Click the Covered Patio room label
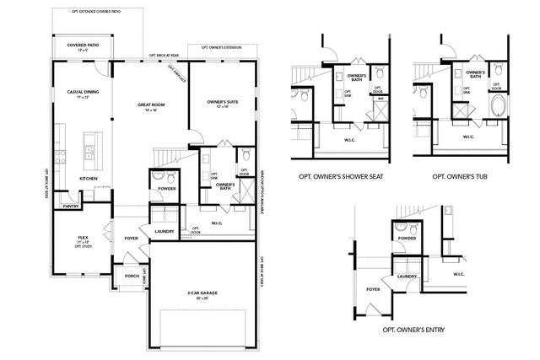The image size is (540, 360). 71,46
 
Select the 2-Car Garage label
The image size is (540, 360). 202,293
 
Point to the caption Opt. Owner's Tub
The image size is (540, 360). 461,177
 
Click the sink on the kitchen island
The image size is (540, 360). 89,153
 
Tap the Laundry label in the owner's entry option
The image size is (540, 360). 408,276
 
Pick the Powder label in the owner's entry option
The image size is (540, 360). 407,239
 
